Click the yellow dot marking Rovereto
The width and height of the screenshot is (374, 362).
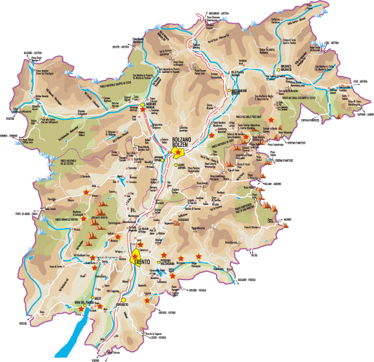pyautogui.click(x=123, y=300)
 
